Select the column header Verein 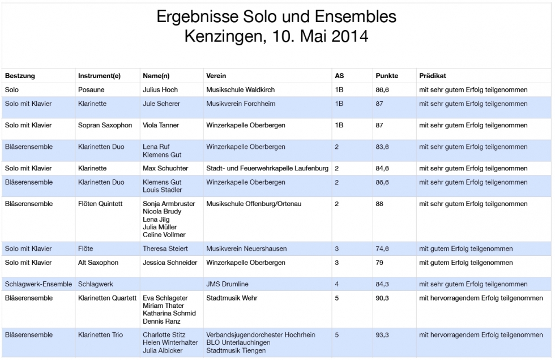tap(217, 75)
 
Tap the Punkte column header tap(387, 75)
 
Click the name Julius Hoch tap(160, 89)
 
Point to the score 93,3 tap(382, 335)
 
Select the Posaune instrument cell tap(91, 89)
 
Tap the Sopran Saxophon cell tap(105, 125)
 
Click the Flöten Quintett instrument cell tap(101, 204)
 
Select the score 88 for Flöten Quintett tap(379, 204)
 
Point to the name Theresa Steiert tap(165, 248)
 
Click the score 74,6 tap(382, 248)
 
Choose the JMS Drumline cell tap(228, 284)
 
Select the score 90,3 tap(382, 298)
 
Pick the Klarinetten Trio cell tap(101, 335)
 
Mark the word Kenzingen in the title tap(223, 37)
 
